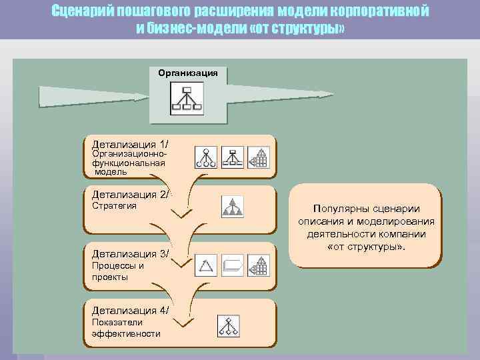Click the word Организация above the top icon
[187, 71]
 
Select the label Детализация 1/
[131, 144]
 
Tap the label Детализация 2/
[131, 195]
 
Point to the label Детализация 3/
[131, 253]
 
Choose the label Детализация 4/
[131, 310]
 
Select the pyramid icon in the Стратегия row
[233, 207]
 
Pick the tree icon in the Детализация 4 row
[228, 325]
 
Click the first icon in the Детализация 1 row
[206, 157]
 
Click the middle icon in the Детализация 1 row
[232, 157]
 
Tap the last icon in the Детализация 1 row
[258, 157]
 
